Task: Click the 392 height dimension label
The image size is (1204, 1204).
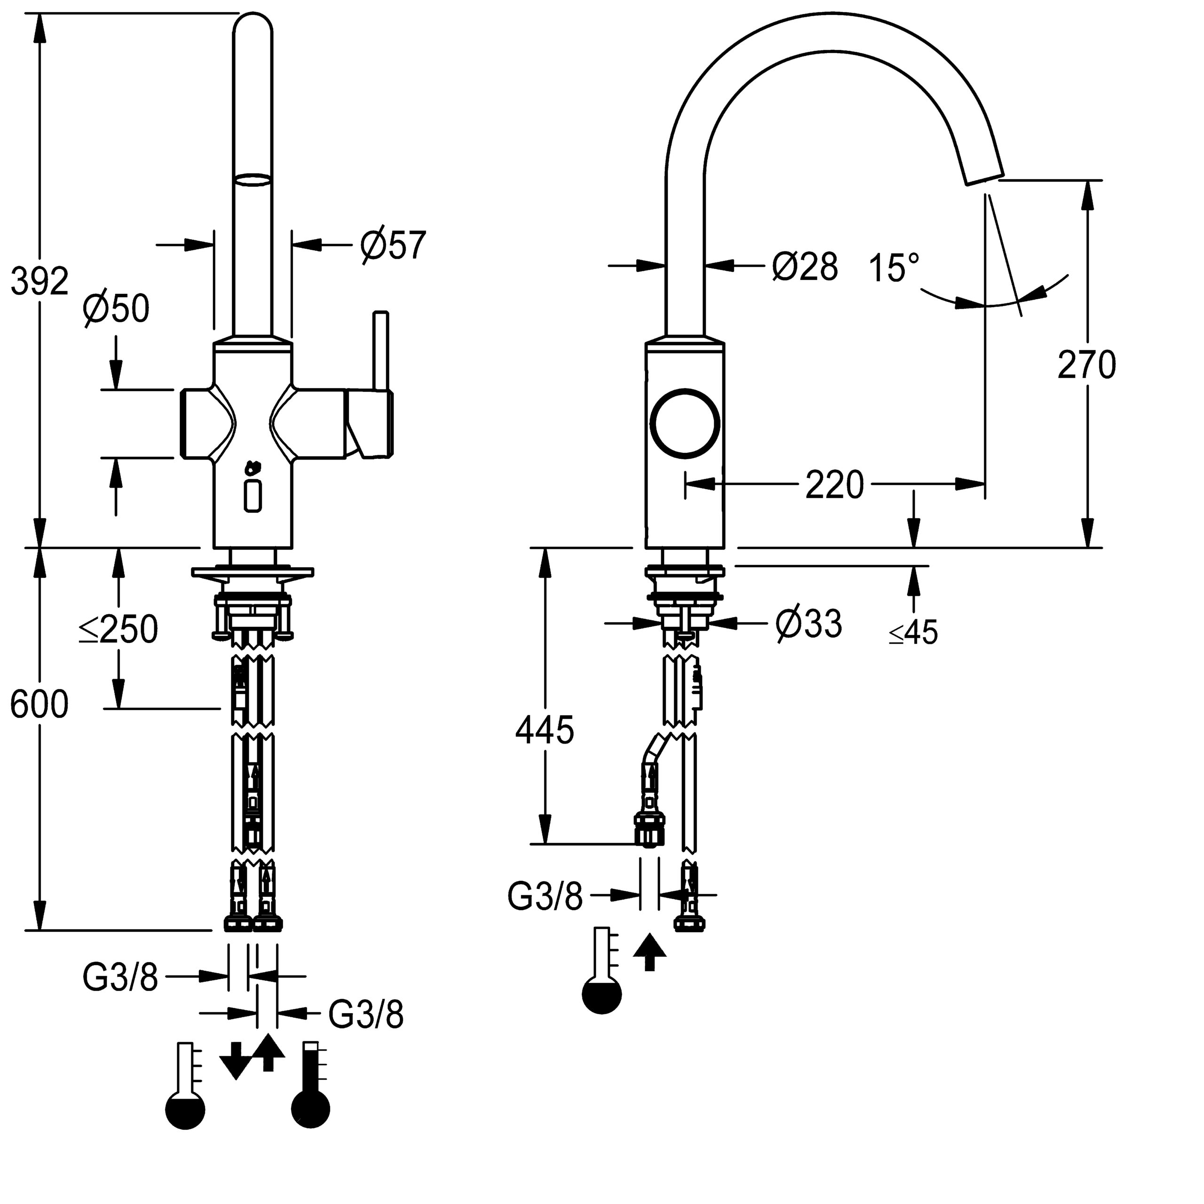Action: tap(39, 281)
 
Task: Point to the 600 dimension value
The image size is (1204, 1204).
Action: tap(39, 705)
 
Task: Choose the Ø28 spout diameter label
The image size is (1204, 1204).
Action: tap(805, 267)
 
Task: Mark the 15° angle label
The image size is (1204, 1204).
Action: tap(894, 268)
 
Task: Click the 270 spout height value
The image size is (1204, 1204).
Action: tap(1086, 364)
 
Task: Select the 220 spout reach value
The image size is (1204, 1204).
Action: tap(834, 485)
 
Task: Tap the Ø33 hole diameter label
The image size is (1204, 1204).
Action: tap(808, 624)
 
